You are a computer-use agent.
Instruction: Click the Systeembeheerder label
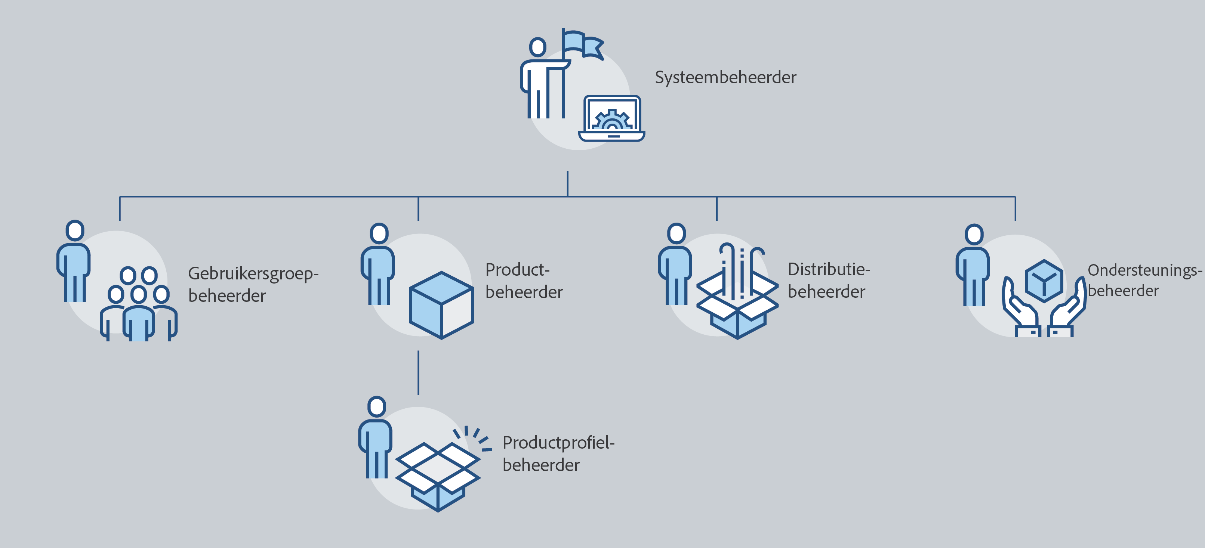tap(725, 78)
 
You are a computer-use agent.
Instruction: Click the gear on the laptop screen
tap(612, 121)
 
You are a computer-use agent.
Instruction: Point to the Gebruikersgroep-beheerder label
tap(253, 284)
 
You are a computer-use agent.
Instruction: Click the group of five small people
tap(138, 304)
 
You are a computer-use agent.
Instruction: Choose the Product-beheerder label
tap(524, 281)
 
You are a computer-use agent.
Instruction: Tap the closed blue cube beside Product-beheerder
tap(441, 305)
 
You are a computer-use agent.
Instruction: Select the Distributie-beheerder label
tap(828, 281)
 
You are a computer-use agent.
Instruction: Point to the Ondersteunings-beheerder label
tap(1144, 281)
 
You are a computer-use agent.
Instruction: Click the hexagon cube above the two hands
tap(1044, 281)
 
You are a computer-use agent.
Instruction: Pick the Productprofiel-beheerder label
tap(558, 453)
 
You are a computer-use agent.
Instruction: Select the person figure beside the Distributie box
tap(675, 264)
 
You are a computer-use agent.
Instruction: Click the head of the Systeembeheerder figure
tap(537, 47)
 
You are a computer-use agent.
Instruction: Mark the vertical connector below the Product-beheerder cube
tap(418, 373)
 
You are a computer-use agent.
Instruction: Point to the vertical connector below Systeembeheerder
tap(567, 183)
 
